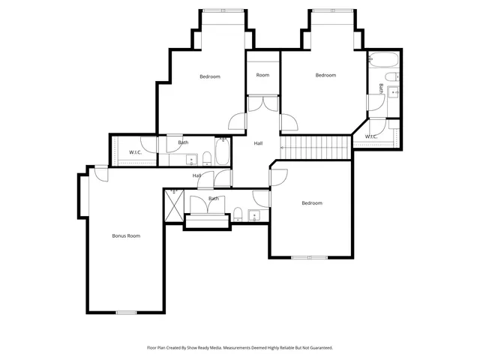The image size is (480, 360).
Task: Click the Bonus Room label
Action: coord(126,235)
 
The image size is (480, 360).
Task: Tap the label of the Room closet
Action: coord(262,75)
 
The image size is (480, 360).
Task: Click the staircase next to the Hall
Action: coord(316,146)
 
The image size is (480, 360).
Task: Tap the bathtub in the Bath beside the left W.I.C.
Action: coord(223,154)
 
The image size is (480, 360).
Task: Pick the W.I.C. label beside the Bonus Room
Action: coord(136,152)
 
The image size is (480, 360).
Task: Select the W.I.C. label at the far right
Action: coord(371,136)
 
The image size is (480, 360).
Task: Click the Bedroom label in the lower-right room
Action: coord(311,203)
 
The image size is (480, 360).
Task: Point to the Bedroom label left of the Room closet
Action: coord(210,76)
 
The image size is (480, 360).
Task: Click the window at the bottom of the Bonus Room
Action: coord(126,312)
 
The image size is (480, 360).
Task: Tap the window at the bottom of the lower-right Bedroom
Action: coord(310,258)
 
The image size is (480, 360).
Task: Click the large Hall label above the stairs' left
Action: coord(258,143)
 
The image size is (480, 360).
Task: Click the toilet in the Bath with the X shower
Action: coord(238,214)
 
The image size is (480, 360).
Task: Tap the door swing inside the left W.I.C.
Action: coord(151,146)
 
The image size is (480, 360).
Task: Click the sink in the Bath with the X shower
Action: coord(253,216)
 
